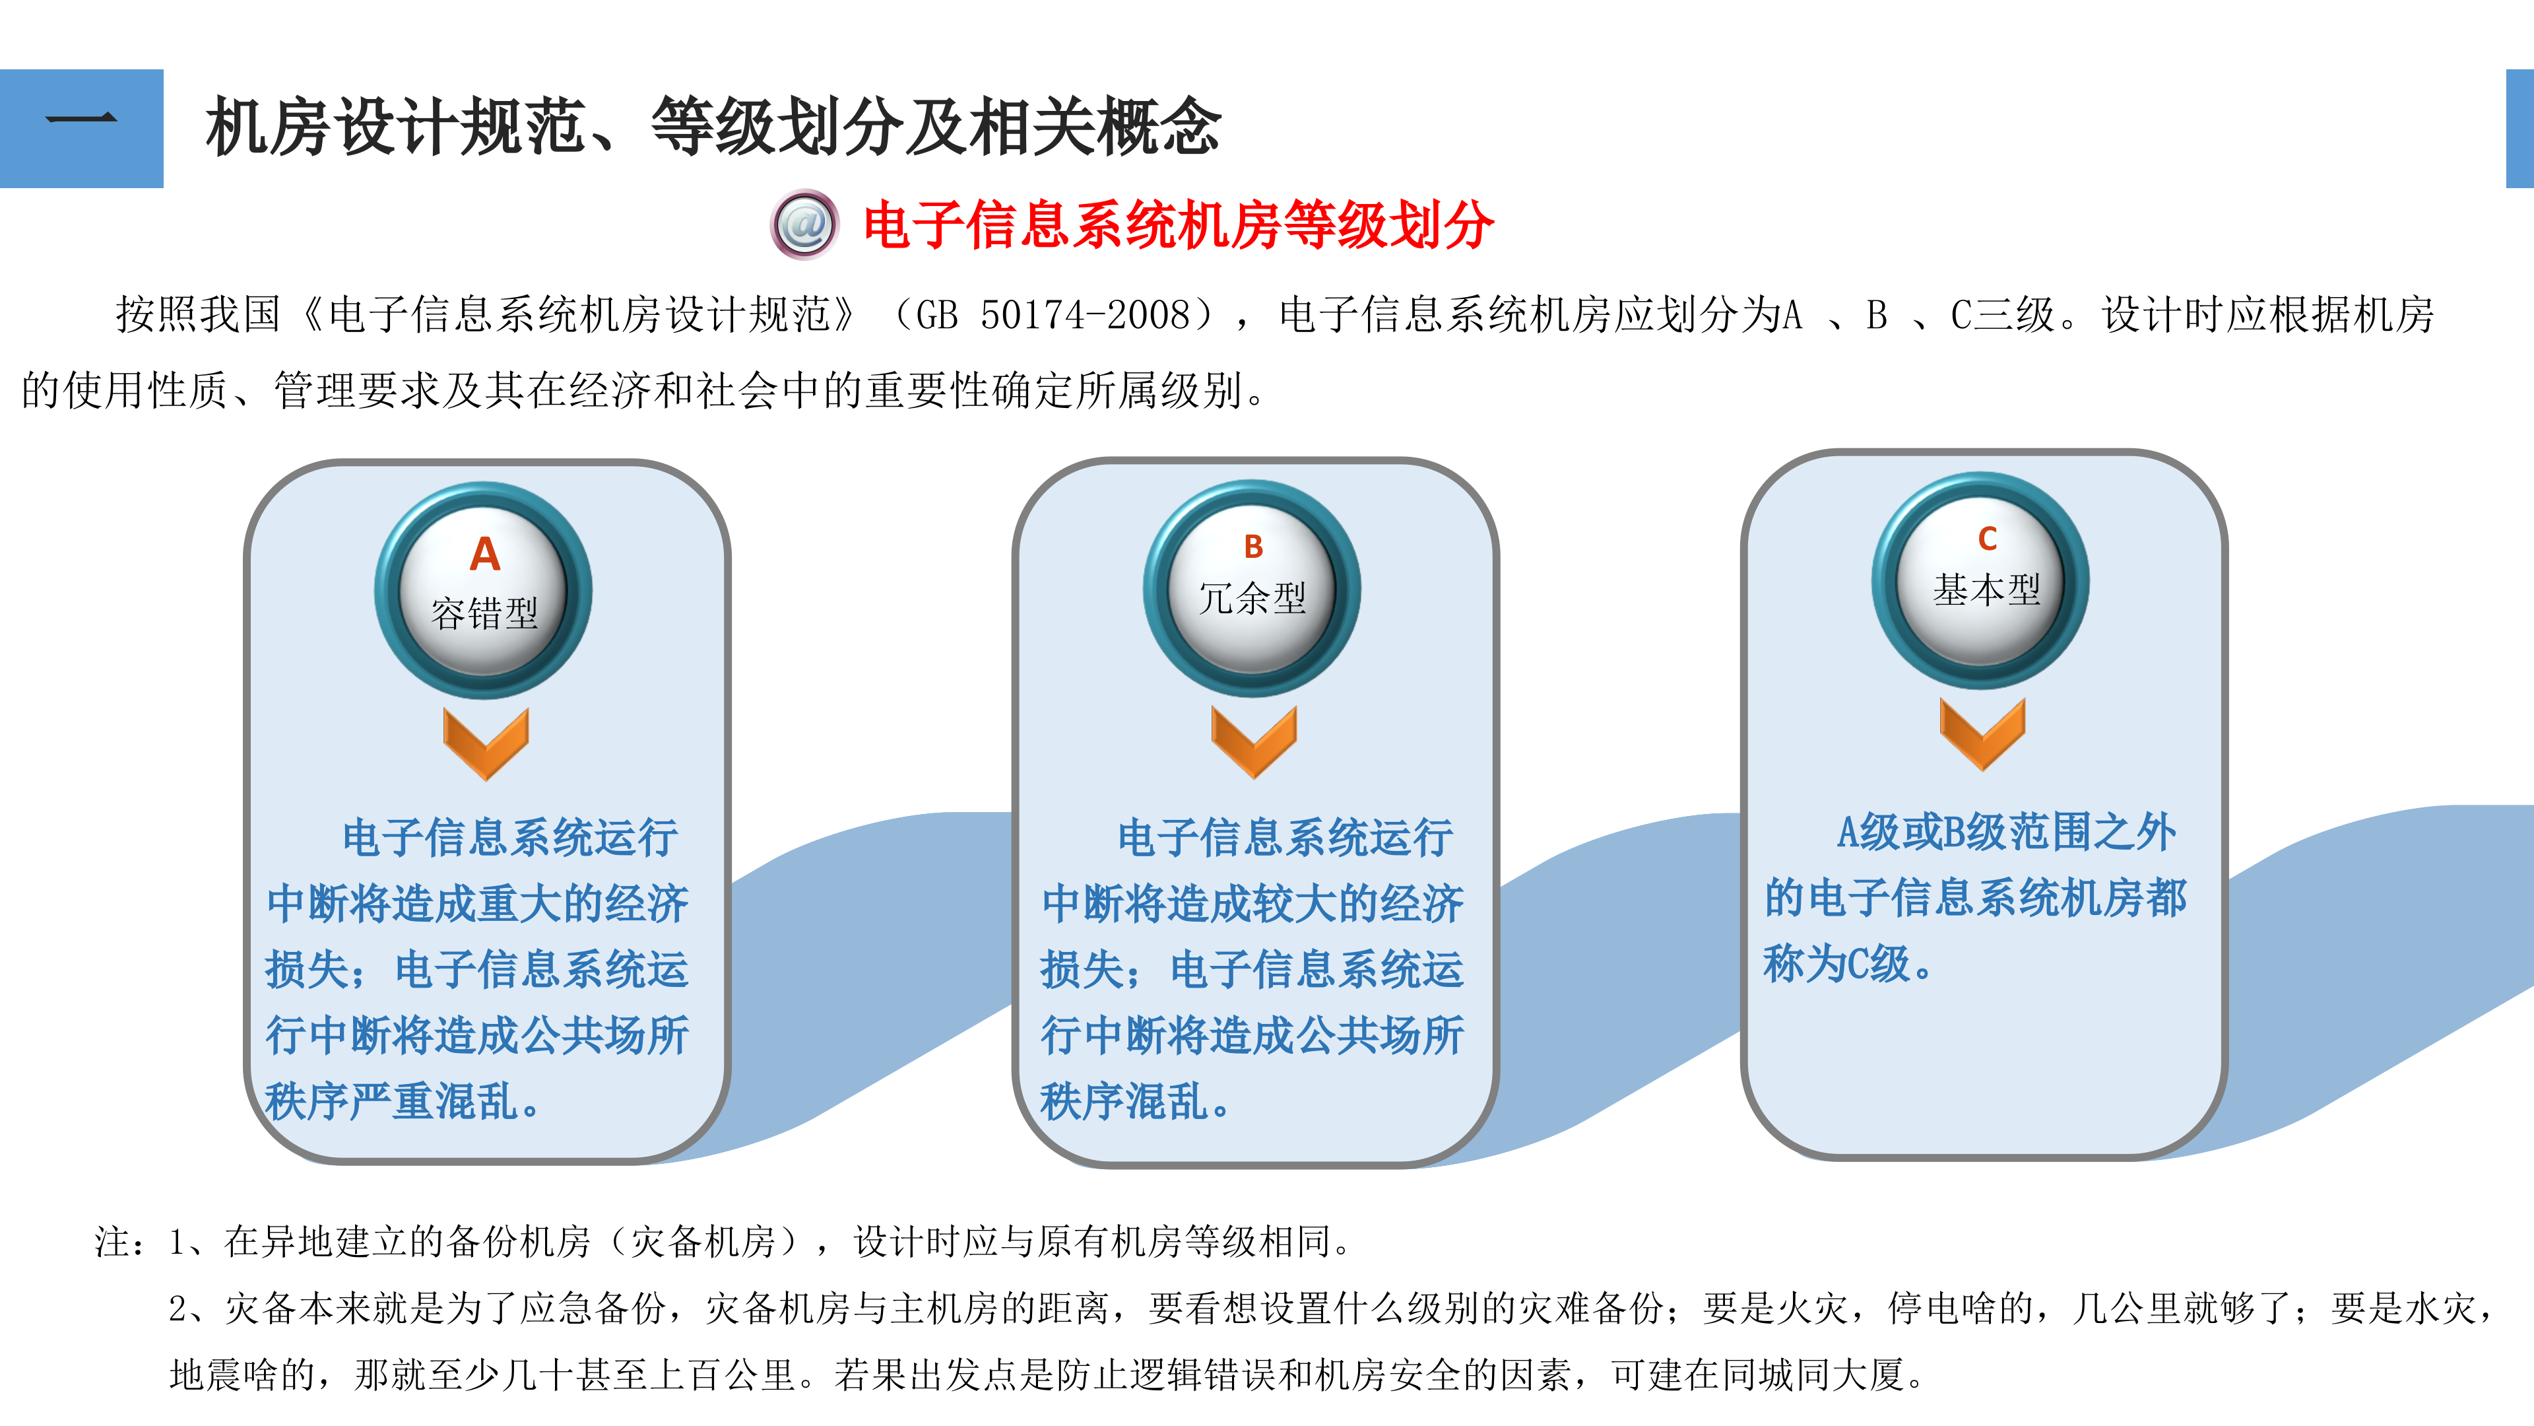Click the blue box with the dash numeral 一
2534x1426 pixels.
82,128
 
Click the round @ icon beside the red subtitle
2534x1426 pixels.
804,224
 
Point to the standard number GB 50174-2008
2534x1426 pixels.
1053,315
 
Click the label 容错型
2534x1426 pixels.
484,614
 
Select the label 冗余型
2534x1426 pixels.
1252,598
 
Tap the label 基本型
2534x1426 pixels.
1986,590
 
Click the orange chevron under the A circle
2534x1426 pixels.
486,743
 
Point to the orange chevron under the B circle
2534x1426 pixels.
1253,741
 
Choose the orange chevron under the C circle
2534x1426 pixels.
1982,733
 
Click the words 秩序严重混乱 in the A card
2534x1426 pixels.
391,1101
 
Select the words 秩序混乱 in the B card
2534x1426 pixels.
1123,1101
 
